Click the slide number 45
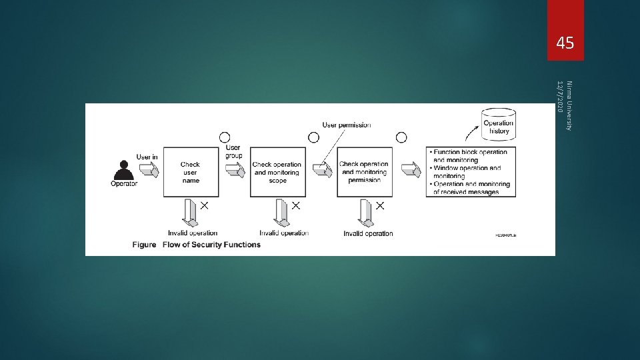[x=565, y=44]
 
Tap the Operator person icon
[x=123, y=169]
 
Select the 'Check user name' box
[x=190, y=172]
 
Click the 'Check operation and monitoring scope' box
[x=277, y=172]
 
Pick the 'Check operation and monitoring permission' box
[x=364, y=172]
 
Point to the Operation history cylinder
[x=499, y=125]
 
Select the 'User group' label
[x=233, y=151]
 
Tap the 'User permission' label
[x=347, y=125]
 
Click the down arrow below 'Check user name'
[x=191, y=213]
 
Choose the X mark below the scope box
[x=295, y=206]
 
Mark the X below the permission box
[x=380, y=206]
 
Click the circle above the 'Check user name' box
[x=225, y=137]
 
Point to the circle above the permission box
[x=401, y=137]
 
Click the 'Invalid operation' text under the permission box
[x=368, y=233]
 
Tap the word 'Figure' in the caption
[x=144, y=245]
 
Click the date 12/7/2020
[x=560, y=97]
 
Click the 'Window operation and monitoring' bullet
[x=467, y=172]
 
